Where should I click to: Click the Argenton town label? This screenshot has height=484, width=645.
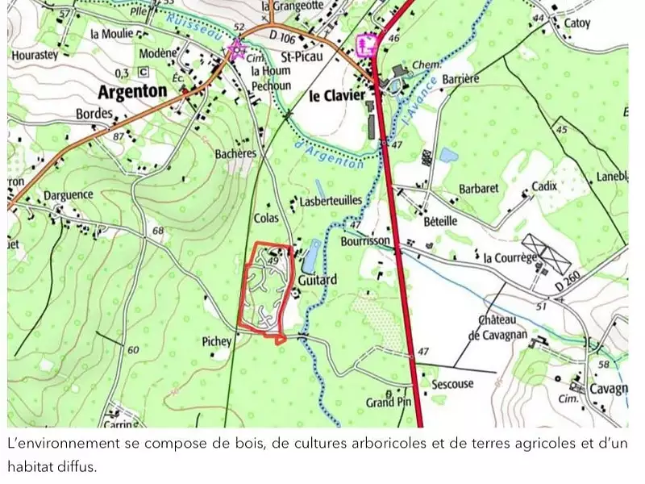[132, 90]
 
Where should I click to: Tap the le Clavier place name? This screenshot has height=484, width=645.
[337, 96]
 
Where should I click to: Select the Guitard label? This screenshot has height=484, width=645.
[317, 280]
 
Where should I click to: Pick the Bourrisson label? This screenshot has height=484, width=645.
[365, 241]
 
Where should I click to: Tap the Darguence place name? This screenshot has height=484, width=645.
[69, 195]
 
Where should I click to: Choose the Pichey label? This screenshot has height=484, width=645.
[217, 341]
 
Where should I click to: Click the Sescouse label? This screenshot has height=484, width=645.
[452, 384]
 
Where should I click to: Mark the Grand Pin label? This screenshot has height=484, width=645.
[389, 402]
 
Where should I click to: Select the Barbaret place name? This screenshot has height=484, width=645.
[479, 188]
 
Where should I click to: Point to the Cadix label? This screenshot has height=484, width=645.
[544, 186]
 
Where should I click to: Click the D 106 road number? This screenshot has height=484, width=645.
[283, 36]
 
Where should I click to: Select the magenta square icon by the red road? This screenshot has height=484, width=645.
[368, 44]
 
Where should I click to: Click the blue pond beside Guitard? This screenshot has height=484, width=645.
[310, 258]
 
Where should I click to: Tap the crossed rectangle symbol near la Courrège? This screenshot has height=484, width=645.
[546, 253]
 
